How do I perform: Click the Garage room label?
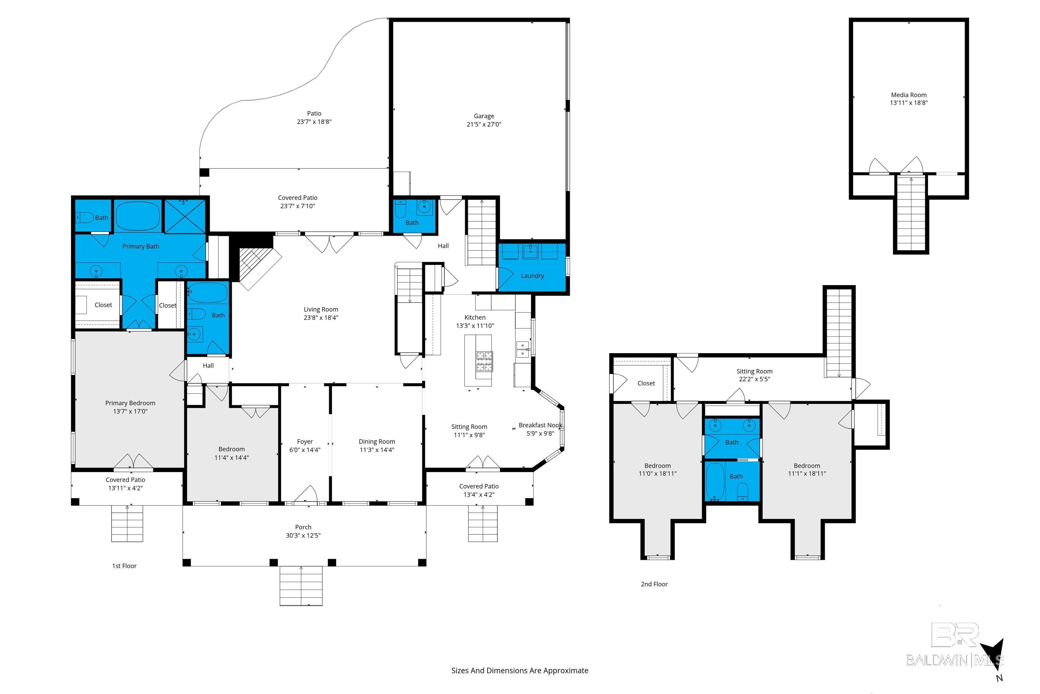point(484,116)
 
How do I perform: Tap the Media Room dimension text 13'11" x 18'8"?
point(908,103)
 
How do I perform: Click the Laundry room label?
point(532,276)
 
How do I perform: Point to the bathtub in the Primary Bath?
point(138,216)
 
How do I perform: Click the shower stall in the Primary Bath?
point(185,216)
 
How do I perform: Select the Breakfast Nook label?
point(540,425)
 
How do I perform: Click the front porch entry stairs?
point(301,585)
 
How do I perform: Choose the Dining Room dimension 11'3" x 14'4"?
point(377,450)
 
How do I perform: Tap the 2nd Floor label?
point(654,584)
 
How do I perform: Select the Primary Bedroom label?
point(130,403)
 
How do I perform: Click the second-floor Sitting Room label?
point(754,371)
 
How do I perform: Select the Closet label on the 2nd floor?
point(646,383)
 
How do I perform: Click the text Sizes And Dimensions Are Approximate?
point(520,671)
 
